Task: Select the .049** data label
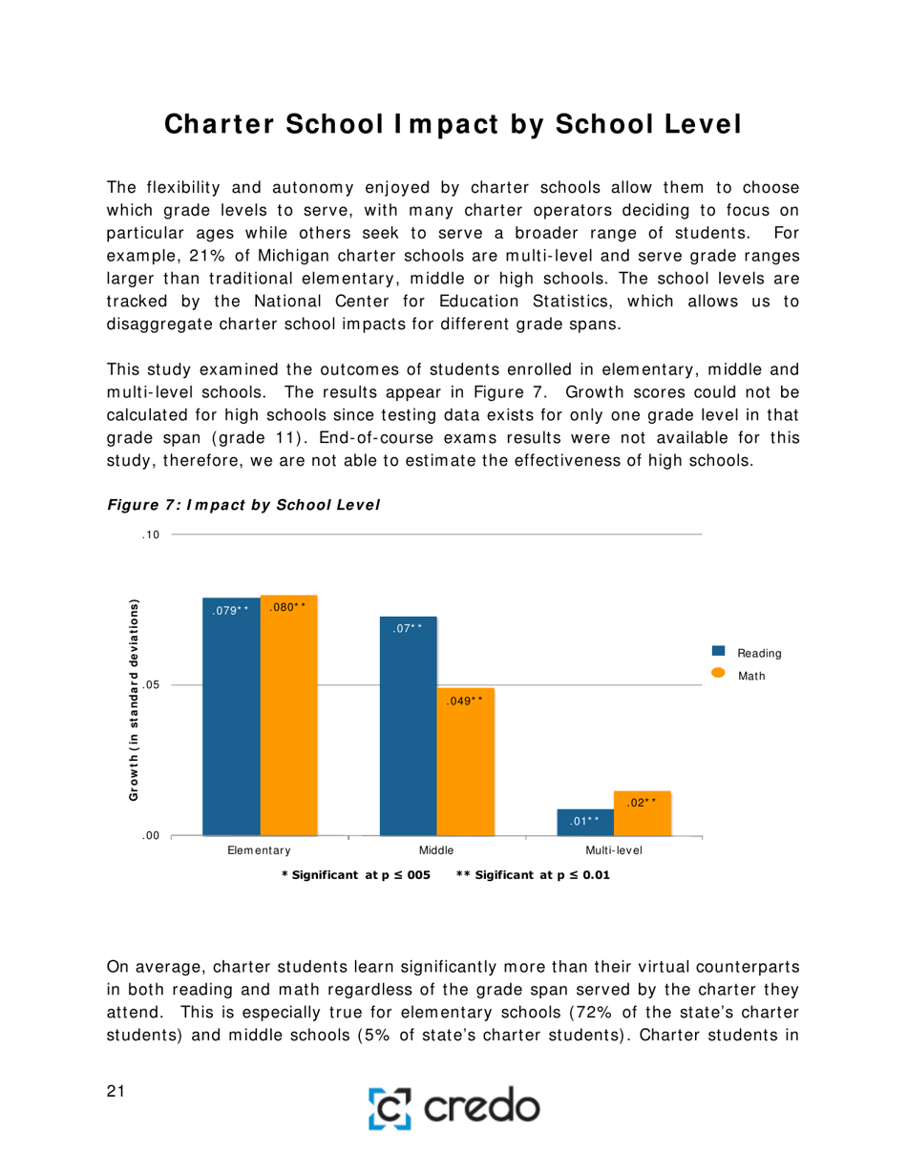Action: click(x=466, y=701)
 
